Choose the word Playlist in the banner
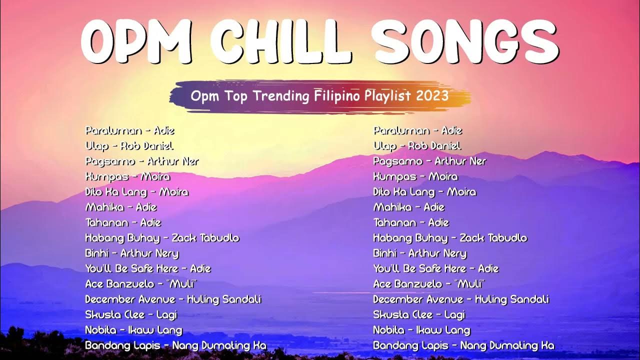(x=386, y=95)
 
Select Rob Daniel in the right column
(x=434, y=146)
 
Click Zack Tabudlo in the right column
(x=493, y=238)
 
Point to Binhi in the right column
(x=385, y=253)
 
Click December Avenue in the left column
(x=130, y=299)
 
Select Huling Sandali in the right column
(x=511, y=299)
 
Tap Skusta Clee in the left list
(x=114, y=315)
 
